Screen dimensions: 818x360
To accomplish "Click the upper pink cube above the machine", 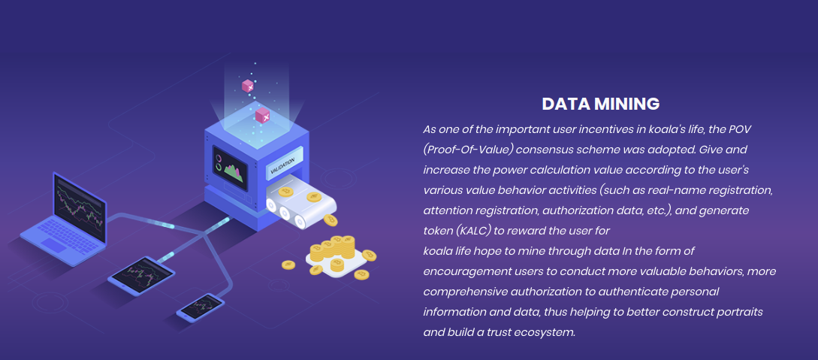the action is pyautogui.click(x=247, y=86).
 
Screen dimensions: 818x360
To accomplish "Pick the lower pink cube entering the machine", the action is pyautogui.click(x=262, y=116).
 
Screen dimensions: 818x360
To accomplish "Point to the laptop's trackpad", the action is pyautogui.click(x=53, y=244).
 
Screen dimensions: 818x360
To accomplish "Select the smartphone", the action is pyautogui.click(x=201, y=307).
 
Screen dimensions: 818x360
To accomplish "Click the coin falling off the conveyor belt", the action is pyautogui.click(x=331, y=220).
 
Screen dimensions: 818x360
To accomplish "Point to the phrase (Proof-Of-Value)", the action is pyautogui.click(x=469, y=150).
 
